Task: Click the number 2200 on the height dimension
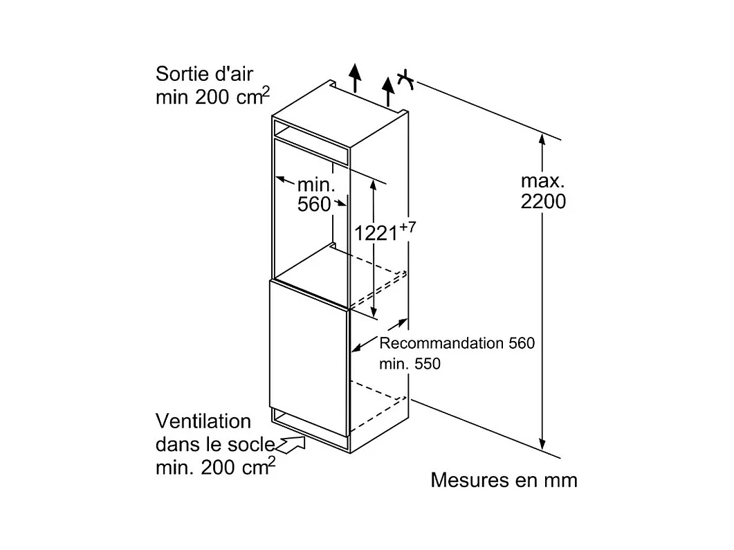coord(543,201)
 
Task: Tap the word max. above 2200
coord(542,181)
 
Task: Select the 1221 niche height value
coord(376,233)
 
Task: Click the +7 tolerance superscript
coord(407,228)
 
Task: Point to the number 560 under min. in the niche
coord(314,205)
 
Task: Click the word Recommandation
coord(441,343)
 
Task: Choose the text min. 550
coord(410,364)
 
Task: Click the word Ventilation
coord(203,421)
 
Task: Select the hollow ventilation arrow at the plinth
coord(291,443)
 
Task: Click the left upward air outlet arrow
coord(356,77)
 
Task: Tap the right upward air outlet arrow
coord(388,92)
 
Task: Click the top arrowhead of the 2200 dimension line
coord(542,139)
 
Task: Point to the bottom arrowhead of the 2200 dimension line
coord(542,444)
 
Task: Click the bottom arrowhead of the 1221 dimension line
coord(373,312)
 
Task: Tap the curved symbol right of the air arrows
coord(406,80)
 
